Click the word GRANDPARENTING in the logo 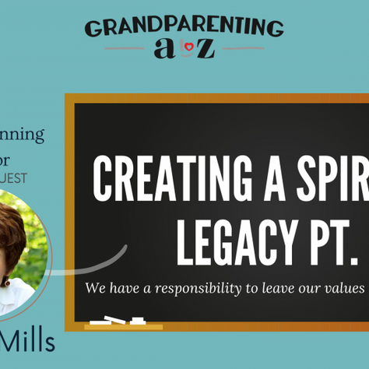[184, 28]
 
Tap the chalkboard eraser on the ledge [138, 320]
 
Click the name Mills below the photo [28, 342]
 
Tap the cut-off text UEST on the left [13, 177]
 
